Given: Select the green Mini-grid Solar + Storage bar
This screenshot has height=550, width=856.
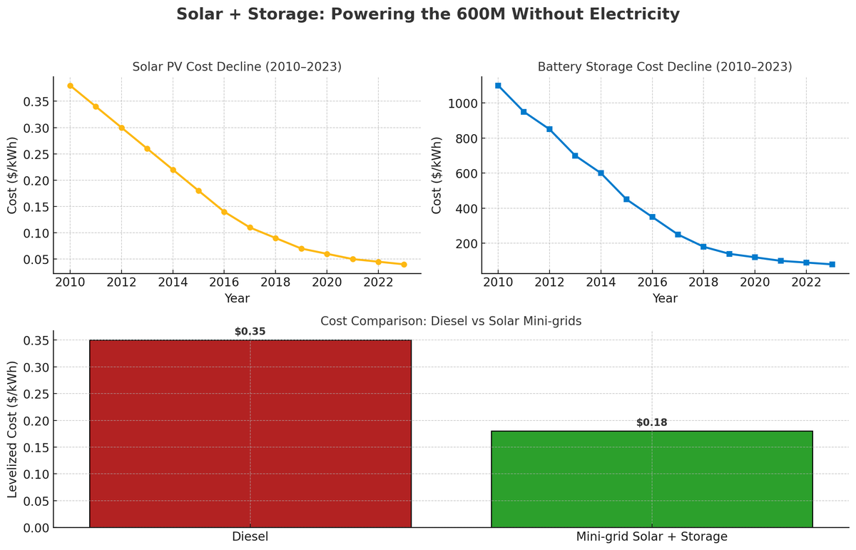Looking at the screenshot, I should pos(652,479).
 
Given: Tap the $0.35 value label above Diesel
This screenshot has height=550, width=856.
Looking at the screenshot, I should pos(250,332).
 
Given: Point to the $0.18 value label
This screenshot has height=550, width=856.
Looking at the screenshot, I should pos(652,422).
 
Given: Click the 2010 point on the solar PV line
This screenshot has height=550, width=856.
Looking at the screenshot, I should pos(70,86).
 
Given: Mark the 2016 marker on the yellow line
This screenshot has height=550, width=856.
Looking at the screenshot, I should pos(224,212).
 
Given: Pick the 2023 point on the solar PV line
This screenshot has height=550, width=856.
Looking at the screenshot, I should pos(404,265).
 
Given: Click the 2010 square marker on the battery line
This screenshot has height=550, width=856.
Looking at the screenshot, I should pos(498,86).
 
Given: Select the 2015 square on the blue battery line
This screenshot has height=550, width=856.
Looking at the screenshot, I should pos(626,199).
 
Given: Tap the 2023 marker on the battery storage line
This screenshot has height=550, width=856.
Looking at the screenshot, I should pos(832,265).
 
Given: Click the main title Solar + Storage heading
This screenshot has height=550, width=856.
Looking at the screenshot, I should pos(428,14).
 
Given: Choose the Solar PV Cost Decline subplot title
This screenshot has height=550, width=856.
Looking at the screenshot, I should pos(237,67).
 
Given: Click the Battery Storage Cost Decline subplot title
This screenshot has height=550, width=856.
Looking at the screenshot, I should pos(665,67).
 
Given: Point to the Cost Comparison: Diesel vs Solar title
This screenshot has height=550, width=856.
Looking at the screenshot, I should pos(451,322).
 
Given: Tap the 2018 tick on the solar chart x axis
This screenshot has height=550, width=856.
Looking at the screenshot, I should pos(275,282).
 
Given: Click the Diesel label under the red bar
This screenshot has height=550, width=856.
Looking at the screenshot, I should pos(250,537).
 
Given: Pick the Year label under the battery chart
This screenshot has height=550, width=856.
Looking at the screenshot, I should pos(665,299).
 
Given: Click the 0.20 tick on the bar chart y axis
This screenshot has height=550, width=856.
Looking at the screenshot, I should pos(36,421).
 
